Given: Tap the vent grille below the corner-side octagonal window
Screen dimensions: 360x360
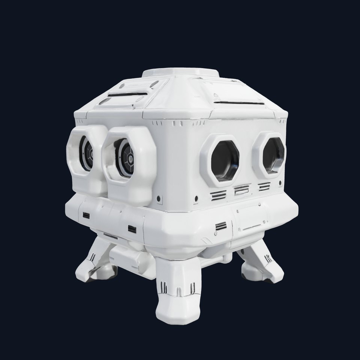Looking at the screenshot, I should pyautogui.click(x=218, y=195).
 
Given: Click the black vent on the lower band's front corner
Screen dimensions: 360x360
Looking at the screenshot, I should pyautogui.click(x=221, y=226).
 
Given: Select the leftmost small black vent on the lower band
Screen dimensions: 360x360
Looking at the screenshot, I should pyautogui.click(x=86, y=215).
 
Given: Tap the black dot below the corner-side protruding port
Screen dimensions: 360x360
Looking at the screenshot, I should pyautogui.click(x=159, y=197).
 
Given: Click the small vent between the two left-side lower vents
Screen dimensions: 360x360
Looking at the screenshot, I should pyautogui.click(x=132, y=228).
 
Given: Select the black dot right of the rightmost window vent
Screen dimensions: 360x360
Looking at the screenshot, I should pyautogui.click(x=280, y=183).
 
